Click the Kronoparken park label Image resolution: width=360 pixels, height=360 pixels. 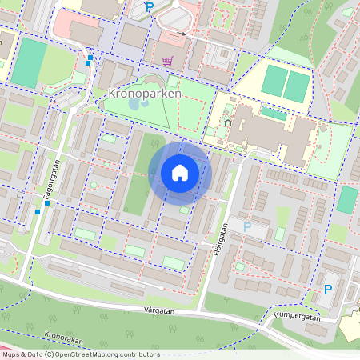coord(143,94)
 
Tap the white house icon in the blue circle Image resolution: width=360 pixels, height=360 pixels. coord(180,172)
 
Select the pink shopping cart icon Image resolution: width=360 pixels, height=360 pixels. coord(167,60)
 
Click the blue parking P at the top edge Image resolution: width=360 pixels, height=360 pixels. coord(149,7)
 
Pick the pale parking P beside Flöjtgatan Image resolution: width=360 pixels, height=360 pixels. coord(247,227)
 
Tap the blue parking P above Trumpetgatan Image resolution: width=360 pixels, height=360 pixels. coord(327,289)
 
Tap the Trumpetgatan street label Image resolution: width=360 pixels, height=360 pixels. coord(296,318)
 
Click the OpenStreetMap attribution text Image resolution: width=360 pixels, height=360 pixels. coord(80,354)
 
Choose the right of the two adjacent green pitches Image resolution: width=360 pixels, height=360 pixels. coord(298,86)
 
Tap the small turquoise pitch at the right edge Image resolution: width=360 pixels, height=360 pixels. coord(347,199)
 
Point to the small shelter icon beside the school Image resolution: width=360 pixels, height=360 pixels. coord(228,121)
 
